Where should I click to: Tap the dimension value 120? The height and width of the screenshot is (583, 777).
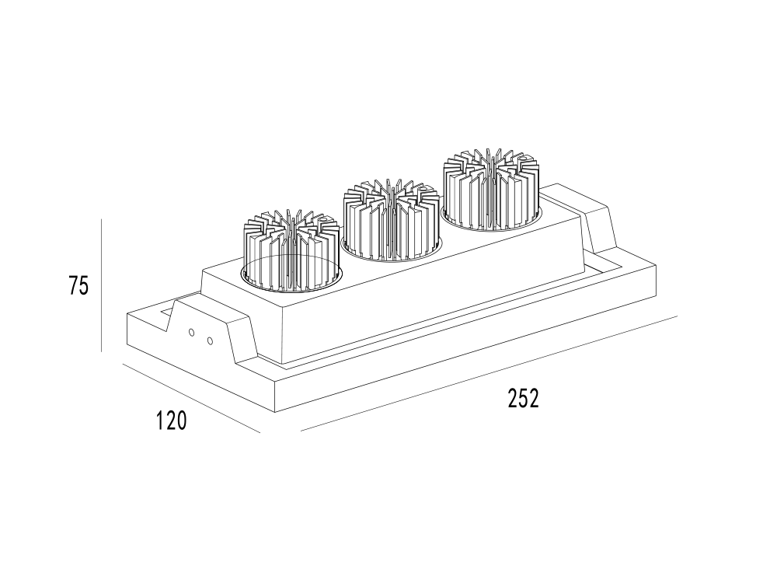pos(172,421)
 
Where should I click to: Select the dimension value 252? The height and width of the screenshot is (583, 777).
pos(523,398)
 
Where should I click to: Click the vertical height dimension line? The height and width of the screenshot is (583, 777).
pos(102,285)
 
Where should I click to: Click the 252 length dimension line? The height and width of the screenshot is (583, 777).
pos(489,373)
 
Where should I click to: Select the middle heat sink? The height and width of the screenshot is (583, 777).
pos(392,220)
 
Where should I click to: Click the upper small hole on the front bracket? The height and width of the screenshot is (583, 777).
pos(192,332)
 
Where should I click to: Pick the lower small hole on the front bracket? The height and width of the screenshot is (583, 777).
pos(210,340)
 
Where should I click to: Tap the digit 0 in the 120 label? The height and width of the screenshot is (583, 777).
pos(182,421)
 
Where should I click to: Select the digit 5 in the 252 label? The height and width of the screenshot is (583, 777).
pos(523,398)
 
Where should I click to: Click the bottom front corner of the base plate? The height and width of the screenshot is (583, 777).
pos(275,412)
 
